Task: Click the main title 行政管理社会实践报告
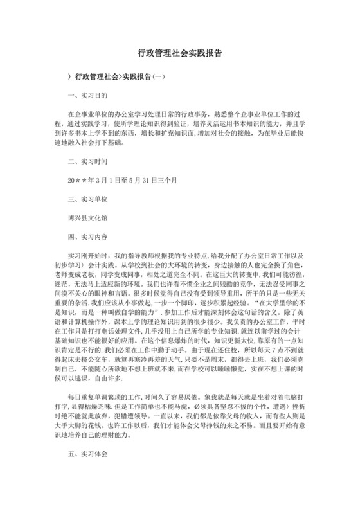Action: [180, 55]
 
